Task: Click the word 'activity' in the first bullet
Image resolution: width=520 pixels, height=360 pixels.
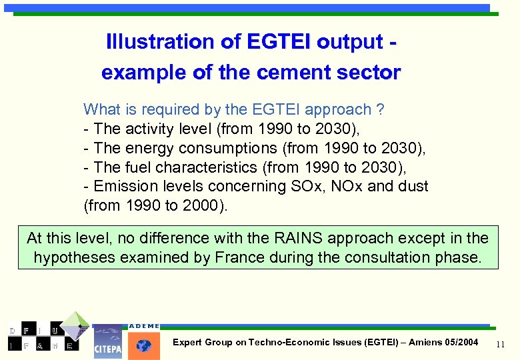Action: click(148, 129)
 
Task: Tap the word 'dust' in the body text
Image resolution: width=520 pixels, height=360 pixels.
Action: click(413, 187)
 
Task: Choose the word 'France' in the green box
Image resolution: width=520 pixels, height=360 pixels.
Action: click(239, 257)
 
